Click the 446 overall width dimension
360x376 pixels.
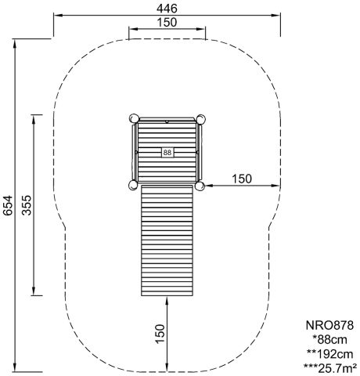pyautogui.click(x=167, y=9)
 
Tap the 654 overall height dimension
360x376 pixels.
pyautogui.click(x=8, y=205)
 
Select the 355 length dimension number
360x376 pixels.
pyautogui.click(x=27, y=205)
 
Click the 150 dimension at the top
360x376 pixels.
pyautogui.click(x=167, y=23)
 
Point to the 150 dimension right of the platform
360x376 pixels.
pyautogui.click(x=242, y=179)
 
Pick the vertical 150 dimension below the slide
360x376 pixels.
pyautogui.click(x=160, y=334)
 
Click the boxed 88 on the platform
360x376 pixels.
pyautogui.click(x=167, y=152)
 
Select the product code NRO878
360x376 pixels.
pyautogui.click(x=329, y=326)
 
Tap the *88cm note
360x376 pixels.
pyautogui.click(x=330, y=340)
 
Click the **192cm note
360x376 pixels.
pyautogui.click(x=330, y=354)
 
